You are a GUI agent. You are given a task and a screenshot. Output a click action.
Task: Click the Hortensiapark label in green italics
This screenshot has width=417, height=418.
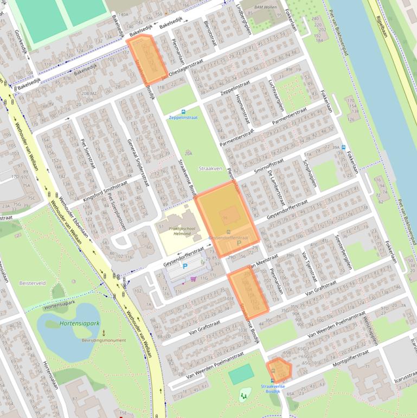80,324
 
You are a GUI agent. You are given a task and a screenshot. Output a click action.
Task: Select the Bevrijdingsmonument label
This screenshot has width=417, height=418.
104,340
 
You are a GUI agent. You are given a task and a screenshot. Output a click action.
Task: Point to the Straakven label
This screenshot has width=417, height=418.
210,169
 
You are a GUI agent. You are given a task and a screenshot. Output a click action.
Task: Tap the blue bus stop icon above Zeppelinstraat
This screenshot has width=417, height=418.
183,111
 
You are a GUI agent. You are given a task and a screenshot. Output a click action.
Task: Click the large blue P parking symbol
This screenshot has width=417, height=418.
185,267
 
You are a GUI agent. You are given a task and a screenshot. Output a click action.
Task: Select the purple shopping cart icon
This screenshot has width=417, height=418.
194,279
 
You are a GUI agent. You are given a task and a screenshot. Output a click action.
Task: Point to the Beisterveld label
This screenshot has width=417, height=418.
32,283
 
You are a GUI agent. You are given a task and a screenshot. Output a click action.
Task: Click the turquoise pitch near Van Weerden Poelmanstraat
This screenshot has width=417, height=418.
241,375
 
